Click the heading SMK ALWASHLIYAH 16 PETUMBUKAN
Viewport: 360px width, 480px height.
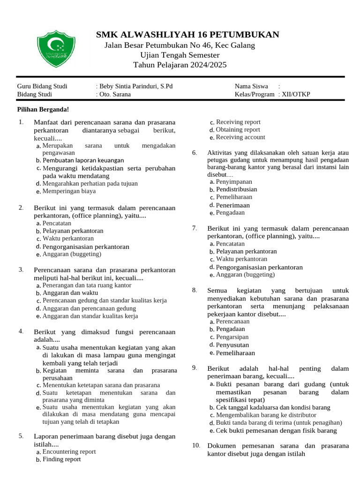click(187, 35)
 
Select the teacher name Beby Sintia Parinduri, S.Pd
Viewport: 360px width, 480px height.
click(136, 86)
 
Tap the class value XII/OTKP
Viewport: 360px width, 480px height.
click(296, 94)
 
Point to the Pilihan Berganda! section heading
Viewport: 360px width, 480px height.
click(43, 109)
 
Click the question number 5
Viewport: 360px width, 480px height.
click(21, 436)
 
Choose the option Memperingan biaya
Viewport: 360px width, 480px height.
click(69, 191)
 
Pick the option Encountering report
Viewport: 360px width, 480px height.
click(69, 452)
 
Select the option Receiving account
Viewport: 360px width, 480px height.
click(240, 137)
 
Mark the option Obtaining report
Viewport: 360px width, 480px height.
click(238, 130)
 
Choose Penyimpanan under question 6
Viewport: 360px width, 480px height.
click(233, 182)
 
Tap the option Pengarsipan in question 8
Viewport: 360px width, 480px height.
click(232, 337)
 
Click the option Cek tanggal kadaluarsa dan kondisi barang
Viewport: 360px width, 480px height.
click(273, 408)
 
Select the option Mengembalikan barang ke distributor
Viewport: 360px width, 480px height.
click(266, 415)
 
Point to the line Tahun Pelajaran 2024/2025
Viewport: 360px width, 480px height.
click(180, 65)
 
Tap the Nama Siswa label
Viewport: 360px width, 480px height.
click(251, 86)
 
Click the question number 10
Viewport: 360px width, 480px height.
click(196, 445)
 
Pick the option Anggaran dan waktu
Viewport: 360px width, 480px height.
click(70, 293)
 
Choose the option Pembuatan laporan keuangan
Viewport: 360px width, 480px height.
click(83, 160)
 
